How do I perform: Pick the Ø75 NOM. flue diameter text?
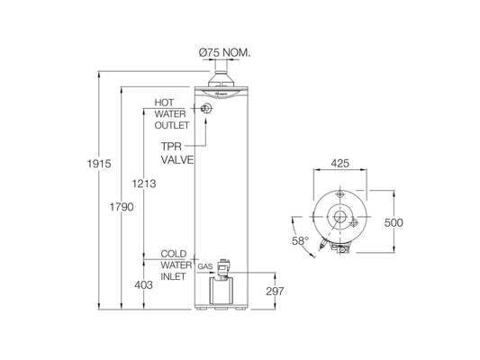(x=225, y=53)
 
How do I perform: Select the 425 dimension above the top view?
(x=340, y=165)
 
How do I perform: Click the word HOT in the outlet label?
(x=165, y=103)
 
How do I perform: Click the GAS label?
(x=204, y=268)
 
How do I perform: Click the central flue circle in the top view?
(x=340, y=218)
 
